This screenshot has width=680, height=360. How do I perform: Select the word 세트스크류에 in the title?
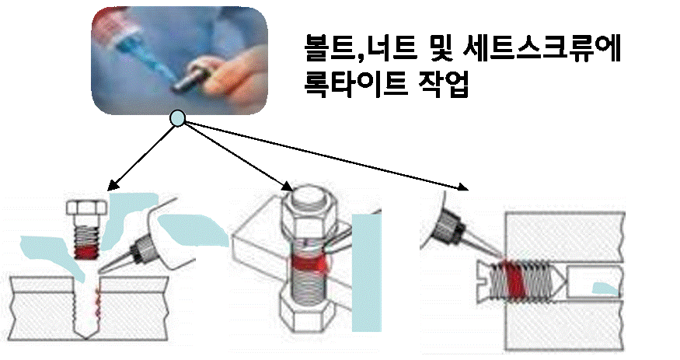(x=542, y=48)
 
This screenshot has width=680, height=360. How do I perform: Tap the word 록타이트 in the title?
(x=356, y=84)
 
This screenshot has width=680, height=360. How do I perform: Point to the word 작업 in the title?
(x=444, y=84)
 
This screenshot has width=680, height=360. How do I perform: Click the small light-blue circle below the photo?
(x=177, y=118)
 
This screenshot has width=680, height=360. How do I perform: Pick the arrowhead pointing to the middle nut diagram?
(x=287, y=187)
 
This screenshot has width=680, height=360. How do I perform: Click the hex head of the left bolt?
(x=87, y=208)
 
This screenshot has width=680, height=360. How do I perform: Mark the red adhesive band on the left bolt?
(x=87, y=253)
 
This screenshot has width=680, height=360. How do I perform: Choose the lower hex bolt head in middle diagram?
(x=308, y=313)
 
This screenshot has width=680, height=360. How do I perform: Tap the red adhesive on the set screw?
(x=514, y=280)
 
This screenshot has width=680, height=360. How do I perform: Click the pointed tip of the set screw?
(x=567, y=281)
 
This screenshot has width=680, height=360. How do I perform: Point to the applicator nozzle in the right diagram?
(x=469, y=234)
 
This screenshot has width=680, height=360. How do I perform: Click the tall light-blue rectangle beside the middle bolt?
(x=367, y=272)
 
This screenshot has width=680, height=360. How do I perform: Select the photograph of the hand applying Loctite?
(x=179, y=61)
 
